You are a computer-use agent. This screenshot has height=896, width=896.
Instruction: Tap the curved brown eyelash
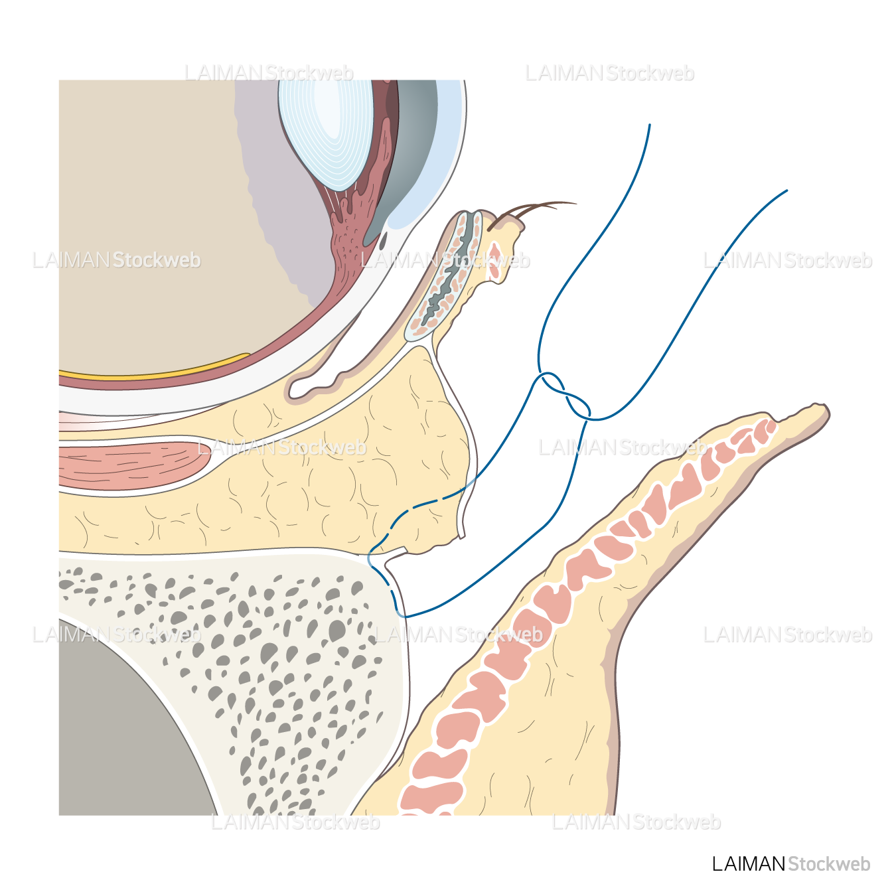(x=532, y=215)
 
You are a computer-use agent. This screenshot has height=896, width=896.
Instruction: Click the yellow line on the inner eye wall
(x=154, y=368)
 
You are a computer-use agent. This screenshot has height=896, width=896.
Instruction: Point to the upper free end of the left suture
(x=649, y=125)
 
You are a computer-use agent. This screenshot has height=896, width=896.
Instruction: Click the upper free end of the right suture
(x=786, y=190)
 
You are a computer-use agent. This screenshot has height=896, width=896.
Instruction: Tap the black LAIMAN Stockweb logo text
(x=790, y=864)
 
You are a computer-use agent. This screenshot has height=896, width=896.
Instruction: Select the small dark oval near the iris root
(x=383, y=241)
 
